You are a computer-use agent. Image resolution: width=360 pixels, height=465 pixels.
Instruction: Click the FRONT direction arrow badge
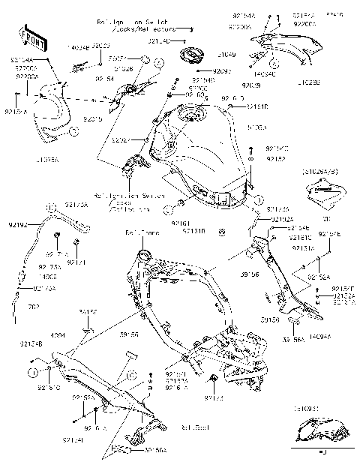click(x=32, y=38)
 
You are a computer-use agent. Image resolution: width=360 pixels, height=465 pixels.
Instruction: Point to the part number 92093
click(x=222, y=71)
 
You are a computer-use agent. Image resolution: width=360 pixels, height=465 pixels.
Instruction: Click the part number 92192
click(x=17, y=223)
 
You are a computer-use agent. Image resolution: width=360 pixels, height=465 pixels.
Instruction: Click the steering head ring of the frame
click(x=139, y=259)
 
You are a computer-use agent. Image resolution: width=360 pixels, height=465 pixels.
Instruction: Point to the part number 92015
click(x=93, y=118)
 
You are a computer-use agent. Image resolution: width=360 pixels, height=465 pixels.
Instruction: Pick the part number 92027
click(x=121, y=139)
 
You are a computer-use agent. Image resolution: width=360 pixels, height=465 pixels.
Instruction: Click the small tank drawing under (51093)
click(x=321, y=433)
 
